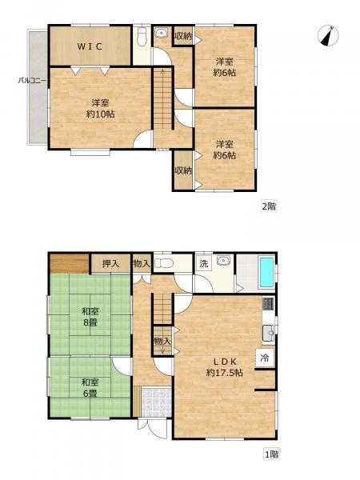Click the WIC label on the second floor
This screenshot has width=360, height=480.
[x=90, y=46]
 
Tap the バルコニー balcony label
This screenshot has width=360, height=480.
[x=32, y=81]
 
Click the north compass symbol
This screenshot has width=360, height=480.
[x=328, y=36]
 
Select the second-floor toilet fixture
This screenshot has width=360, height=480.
[x=142, y=37]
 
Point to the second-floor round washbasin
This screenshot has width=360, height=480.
[x=161, y=33]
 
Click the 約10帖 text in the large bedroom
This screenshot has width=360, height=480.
[x=101, y=114]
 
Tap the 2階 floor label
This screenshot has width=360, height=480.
[x=269, y=206]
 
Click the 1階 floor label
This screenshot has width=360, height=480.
[x=271, y=454]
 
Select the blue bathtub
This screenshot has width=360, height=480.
[x=266, y=272]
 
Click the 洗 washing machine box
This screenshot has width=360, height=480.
[x=204, y=263]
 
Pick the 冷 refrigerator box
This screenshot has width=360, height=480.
[x=265, y=358]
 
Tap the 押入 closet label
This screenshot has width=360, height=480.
[x=110, y=263]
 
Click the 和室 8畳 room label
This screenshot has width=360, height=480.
[x=90, y=317]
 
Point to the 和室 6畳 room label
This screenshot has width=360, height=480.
[x=90, y=387]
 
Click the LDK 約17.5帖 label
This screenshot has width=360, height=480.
[x=225, y=367]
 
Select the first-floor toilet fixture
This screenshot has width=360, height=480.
[x=164, y=262]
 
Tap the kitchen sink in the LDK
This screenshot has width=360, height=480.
[x=269, y=333]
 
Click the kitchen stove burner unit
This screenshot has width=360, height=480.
[x=268, y=303]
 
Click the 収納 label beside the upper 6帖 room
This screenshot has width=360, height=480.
[x=183, y=36]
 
